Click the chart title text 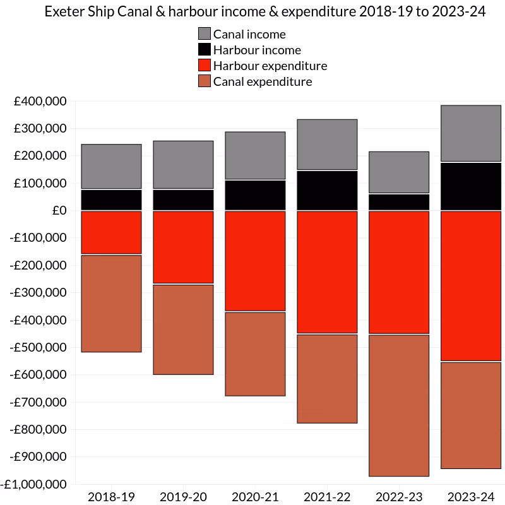(x=265, y=13)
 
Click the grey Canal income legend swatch (x=205, y=34)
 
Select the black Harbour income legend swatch (x=205, y=50)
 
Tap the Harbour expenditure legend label (x=270, y=66)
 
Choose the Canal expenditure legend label (x=263, y=81)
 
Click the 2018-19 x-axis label (x=111, y=497)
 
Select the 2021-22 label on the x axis (x=327, y=497)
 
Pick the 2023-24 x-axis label (x=471, y=497)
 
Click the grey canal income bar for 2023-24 (x=471, y=133)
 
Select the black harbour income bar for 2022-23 (x=399, y=202)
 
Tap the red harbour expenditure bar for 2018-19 (x=111, y=232)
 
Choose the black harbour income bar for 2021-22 (x=327, y=190)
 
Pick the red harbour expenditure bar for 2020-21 (x=255, y=261)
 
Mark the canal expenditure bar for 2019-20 (x=183, y=330)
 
